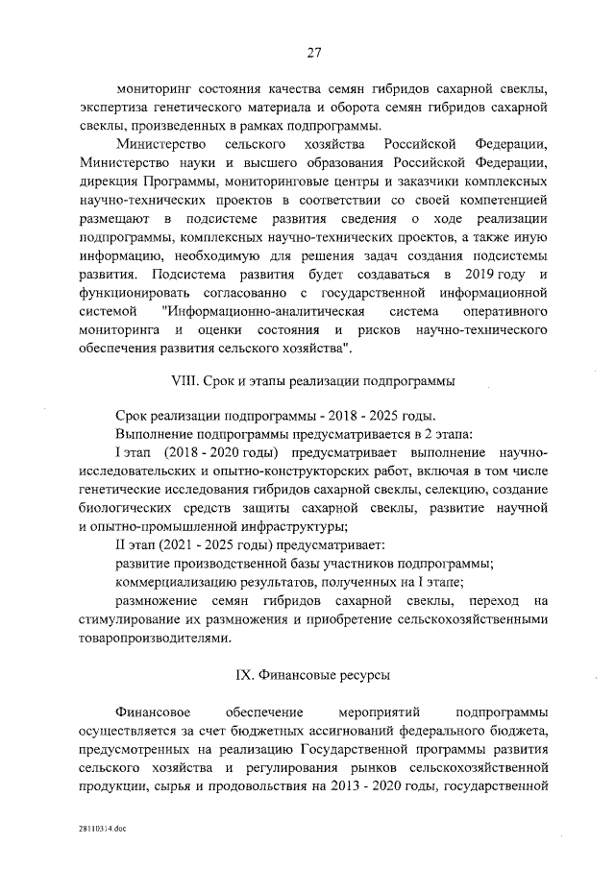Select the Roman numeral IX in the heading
pos(245,676)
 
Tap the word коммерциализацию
pos(182,582)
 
